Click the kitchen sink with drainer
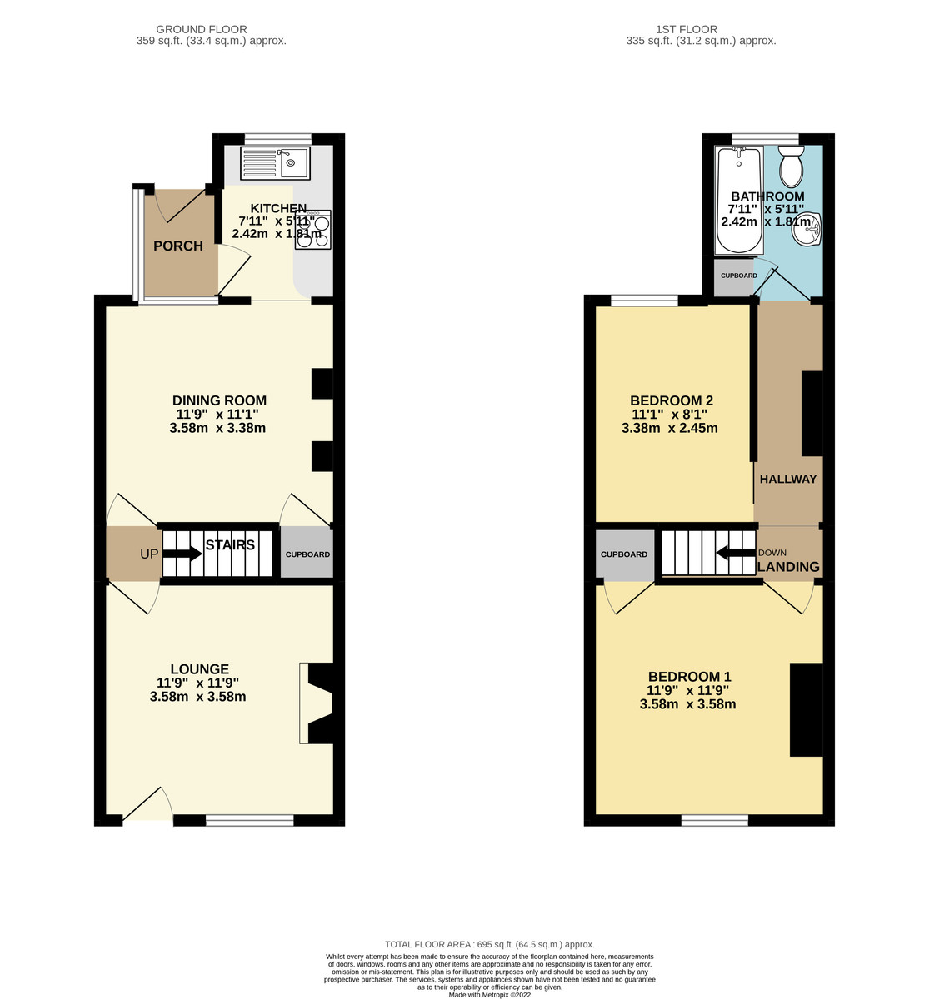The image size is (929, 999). [276, 163]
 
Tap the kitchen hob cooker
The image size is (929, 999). [313, 230]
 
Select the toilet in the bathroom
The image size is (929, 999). [791, 166]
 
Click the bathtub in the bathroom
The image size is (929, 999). [739, 200]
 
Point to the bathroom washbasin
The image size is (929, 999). [807, 230]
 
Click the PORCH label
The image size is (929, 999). [178, 246]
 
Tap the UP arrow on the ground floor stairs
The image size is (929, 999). [182, 554]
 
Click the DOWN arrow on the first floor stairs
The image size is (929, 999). [736, 553]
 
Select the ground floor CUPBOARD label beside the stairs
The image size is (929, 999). [307, 554]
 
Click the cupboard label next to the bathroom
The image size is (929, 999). [739, 276]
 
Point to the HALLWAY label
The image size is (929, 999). [788, 479]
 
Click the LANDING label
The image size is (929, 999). [788, 567]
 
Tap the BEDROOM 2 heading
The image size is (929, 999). [672, 400]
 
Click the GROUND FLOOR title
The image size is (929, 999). [202, 30]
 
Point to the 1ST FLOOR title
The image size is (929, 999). [687, 30]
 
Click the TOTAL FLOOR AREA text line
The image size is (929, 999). [489, 945]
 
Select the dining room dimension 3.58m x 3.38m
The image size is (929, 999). [217, 428]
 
